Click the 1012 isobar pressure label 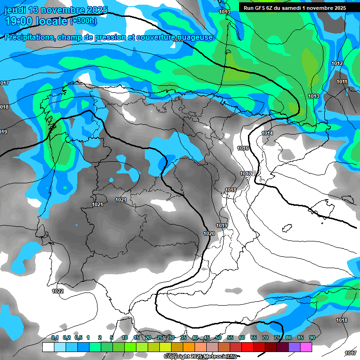[x=337, y=63]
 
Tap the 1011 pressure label [x=342, y=82]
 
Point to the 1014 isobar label [x=267, y=134]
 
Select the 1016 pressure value [x=243, y=148]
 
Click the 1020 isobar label [x=209, y=233]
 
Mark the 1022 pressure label [x=58, y=291]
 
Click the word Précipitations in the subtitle [x=28, y=37]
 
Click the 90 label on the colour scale [x=312, y=337]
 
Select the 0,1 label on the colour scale [x=55, y=337]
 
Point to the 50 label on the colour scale [x=218, y=337]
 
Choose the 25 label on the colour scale [x=160, y=337]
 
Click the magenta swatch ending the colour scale [x=306, y=347]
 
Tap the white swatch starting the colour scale [x=48, y=347]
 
